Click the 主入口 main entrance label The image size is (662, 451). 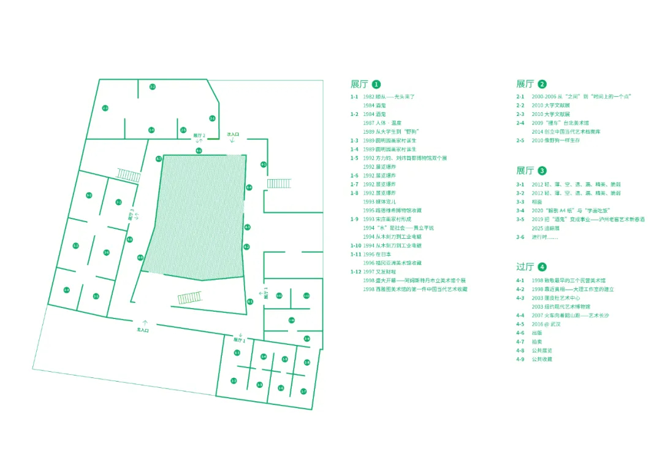143,330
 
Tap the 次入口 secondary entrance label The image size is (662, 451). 233,134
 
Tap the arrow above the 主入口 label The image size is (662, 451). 145,322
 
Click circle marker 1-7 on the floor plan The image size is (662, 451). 303,391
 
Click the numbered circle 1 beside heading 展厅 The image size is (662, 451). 376,85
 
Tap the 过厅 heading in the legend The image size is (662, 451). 525,267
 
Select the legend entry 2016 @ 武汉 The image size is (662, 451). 546,324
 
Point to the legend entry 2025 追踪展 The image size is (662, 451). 544,228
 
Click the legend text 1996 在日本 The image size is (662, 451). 377,254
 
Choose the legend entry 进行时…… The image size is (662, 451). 545,237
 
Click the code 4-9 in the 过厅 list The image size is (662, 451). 520,359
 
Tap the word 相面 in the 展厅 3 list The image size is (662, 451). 537,201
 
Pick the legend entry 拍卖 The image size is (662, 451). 538,341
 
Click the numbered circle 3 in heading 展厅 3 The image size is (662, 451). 542,171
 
